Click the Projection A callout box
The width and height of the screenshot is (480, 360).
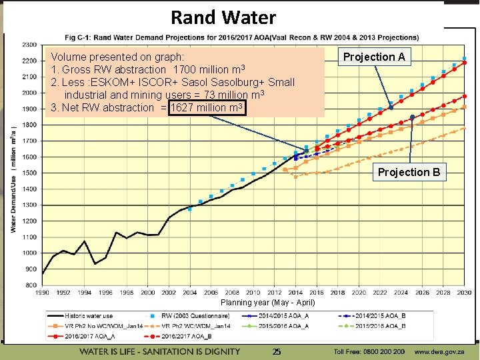(x=373, y=57)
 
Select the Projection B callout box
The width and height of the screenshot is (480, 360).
(x=409, y=172)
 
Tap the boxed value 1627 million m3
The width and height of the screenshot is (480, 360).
(x=207, y=107)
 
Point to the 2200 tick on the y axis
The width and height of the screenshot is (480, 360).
(x=28, y=61)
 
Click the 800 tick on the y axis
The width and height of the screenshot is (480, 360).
(x=31, y=285)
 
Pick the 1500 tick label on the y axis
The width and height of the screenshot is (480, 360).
(x=28, y=173)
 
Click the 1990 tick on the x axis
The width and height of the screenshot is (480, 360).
(x=43, y=293)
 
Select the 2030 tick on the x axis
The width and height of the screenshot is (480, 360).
(x=465, y=293)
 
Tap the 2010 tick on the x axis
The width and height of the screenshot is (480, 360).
(x=254, y=293)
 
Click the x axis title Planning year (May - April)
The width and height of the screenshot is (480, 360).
(x=267, y=303)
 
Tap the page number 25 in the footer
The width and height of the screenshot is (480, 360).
(x=277, y=351)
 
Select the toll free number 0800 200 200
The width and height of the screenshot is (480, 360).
(x=369, y=351)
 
